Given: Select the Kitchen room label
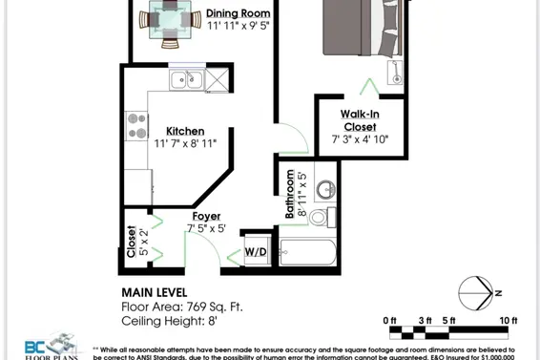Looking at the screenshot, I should tap(185, 131).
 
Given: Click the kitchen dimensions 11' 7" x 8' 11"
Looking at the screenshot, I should tap(185, 143).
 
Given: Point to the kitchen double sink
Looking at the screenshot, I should tap(186, 79).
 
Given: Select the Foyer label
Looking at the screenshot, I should tap(207, 217).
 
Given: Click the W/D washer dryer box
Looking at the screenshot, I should tap(256, 252).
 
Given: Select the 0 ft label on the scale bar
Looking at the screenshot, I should tap(388, 320).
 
